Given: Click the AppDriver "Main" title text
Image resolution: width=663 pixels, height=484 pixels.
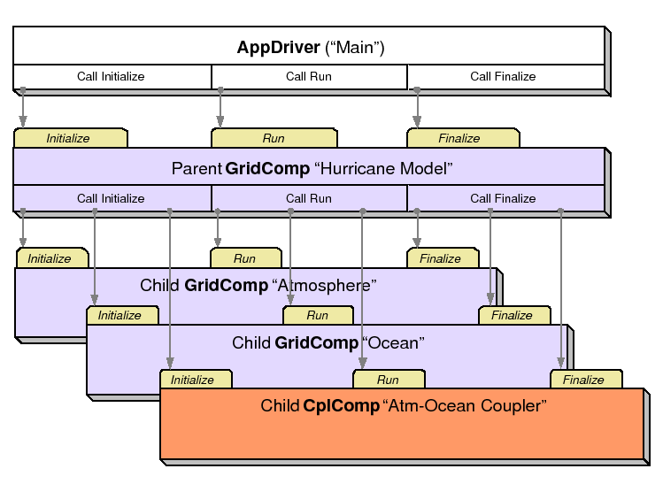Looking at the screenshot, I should (x=310, y=47).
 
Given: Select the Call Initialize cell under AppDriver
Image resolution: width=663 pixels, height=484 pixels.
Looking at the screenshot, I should (x=111, y=77).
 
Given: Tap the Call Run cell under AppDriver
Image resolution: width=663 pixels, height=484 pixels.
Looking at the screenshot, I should (x=309, y=77).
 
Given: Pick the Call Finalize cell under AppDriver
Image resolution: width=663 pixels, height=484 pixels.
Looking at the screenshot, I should (x=503, y=77).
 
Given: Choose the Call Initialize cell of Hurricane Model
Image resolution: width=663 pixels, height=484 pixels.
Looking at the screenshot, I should (x=111, y=199).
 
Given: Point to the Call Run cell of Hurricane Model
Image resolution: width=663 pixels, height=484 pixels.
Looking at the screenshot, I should (x=309, y=199).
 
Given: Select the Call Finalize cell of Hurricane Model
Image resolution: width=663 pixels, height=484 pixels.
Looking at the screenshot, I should (x=503, y=199).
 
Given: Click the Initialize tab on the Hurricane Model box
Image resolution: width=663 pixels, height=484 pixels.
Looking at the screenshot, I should (x=69, y=139).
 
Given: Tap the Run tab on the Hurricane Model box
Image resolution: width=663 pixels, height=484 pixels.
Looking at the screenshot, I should (x=274, y=139).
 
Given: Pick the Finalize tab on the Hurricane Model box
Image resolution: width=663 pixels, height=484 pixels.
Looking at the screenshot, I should (x=460, y=139).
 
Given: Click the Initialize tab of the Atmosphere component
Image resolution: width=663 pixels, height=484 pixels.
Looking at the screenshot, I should (x=50, y=259).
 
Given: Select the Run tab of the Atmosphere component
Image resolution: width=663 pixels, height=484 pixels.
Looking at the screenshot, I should (x=245, y=259).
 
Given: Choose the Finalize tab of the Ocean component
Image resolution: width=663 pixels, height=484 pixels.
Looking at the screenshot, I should (x=513, y=316).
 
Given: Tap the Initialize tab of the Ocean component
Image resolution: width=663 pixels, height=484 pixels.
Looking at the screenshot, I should (x=120, y=316).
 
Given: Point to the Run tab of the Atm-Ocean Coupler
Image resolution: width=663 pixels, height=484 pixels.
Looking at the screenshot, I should (x=388, y=380).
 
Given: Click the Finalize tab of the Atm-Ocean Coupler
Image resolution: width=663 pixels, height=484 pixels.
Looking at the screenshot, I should (x=584, y=380).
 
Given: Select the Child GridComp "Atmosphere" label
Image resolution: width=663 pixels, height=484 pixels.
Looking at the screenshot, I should (x=258, y=286).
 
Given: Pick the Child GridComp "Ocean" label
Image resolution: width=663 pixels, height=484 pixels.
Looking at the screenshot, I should (x=328, y=342).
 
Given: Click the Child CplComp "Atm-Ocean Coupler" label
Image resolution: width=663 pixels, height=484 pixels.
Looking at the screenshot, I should (x=404, y=406).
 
